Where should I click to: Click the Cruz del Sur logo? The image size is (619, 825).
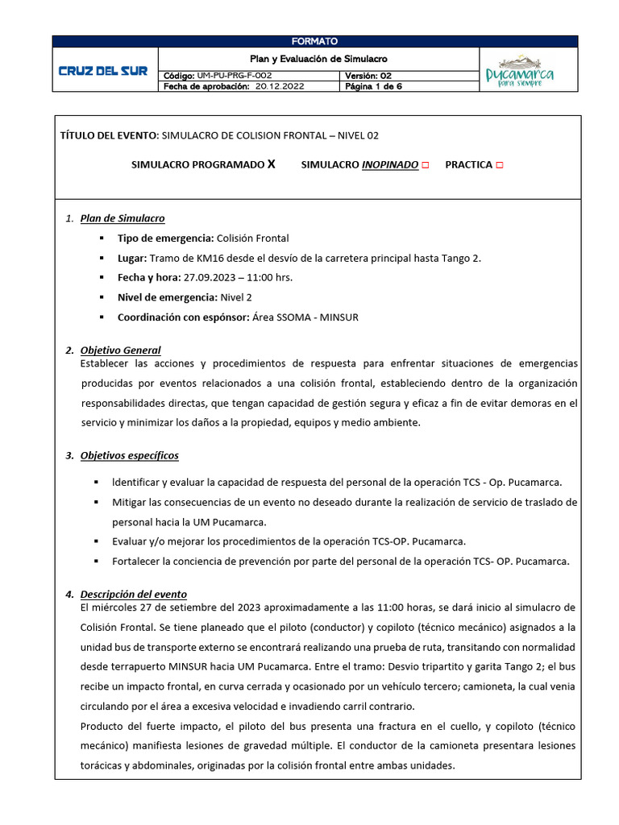(104, 71)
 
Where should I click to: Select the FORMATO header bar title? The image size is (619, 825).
(314, 41)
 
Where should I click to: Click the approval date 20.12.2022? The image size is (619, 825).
(280, 87)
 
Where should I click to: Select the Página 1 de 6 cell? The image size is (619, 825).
(373, 87)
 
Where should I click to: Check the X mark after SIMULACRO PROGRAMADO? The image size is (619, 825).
(271, 164)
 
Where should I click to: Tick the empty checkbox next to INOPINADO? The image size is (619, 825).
(426, 165)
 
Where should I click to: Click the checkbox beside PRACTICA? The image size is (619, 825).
(500, 165)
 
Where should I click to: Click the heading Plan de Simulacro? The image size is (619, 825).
(123, 218)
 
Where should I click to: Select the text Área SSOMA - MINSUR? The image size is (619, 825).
(306, 317)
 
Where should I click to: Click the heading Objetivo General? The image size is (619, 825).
(120, 350)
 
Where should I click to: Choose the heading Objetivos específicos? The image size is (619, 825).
(129, 455)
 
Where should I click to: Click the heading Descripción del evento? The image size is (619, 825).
(133, 594)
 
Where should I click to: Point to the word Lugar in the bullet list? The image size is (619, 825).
(131, 258)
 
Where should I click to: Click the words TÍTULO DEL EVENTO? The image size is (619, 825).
(109, 135)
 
